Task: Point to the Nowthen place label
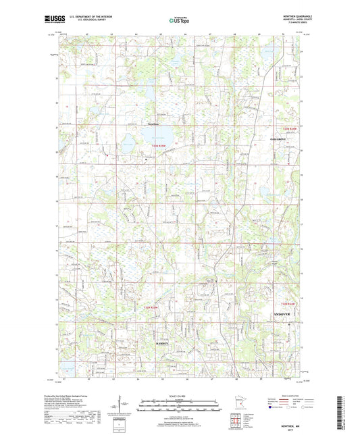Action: point(155,124)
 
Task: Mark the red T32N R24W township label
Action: point(288,305)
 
